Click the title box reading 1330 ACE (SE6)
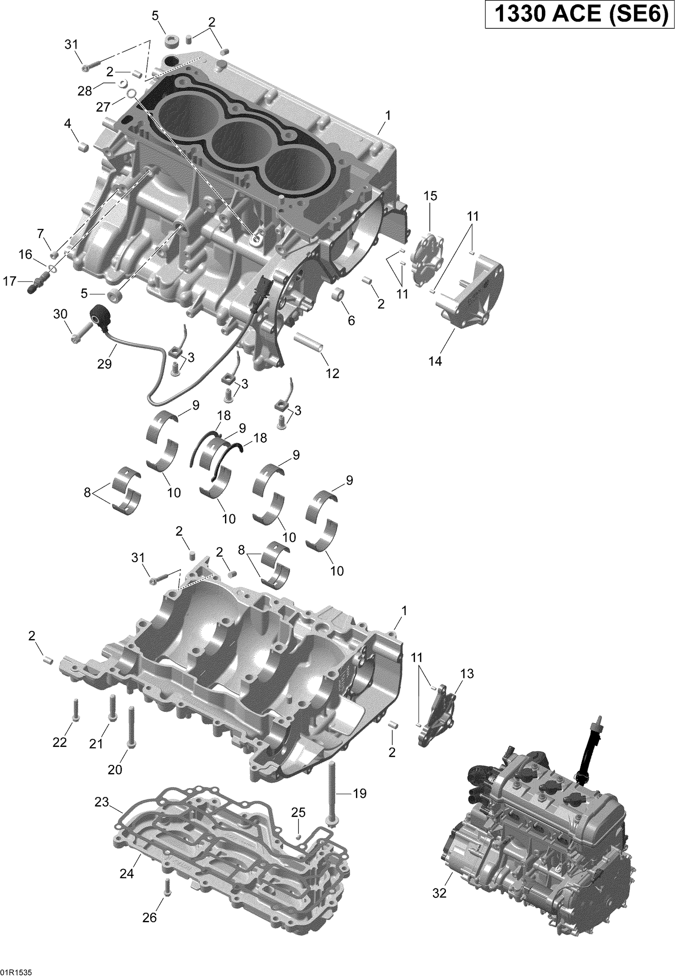pos(577,15)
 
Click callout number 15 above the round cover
pos(430,196)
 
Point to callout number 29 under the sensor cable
pos(104,364)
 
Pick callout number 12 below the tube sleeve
pos(333,373)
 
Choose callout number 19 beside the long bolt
pos(360,794)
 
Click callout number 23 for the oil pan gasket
pos(102,802)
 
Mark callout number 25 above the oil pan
pos(298,812)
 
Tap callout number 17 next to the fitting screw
pos(9,281)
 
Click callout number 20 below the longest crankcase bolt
pos(115,769)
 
